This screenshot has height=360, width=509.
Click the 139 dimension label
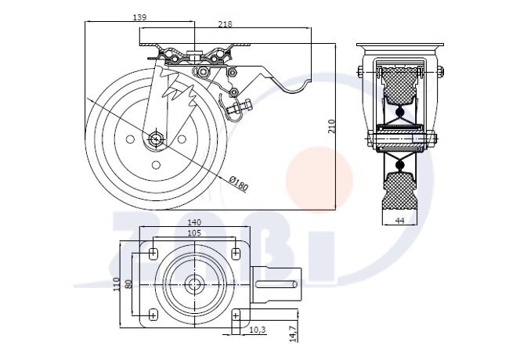pos(139,17)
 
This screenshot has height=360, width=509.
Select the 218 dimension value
pos(225,24)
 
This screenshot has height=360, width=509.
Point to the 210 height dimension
pos(331,126)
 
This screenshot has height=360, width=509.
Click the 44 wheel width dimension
pos(400,221)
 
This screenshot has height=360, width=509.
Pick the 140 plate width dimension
pos(194,222)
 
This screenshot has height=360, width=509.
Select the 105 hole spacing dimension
pos(194,233)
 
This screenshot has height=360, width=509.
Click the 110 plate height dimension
pos(117,284)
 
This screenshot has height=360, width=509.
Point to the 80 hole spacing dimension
pos(128,284)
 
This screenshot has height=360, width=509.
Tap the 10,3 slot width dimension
pos(258,329)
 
